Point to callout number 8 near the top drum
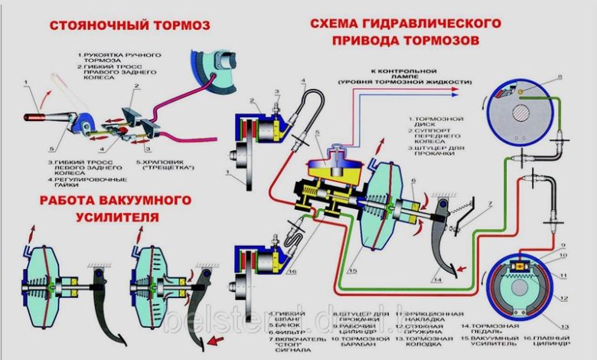(x=560, y=77)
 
